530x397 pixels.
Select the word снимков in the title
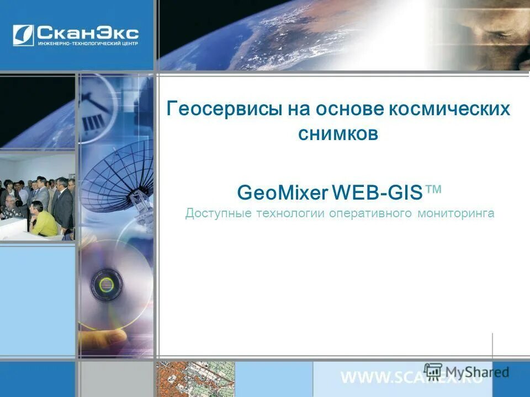coord(338,134)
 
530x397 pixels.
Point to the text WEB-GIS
coord(378,193)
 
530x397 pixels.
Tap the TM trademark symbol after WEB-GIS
coord(434,190)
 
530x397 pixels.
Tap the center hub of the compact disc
coord(105,285)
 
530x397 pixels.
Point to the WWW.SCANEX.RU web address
coord(411,378)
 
